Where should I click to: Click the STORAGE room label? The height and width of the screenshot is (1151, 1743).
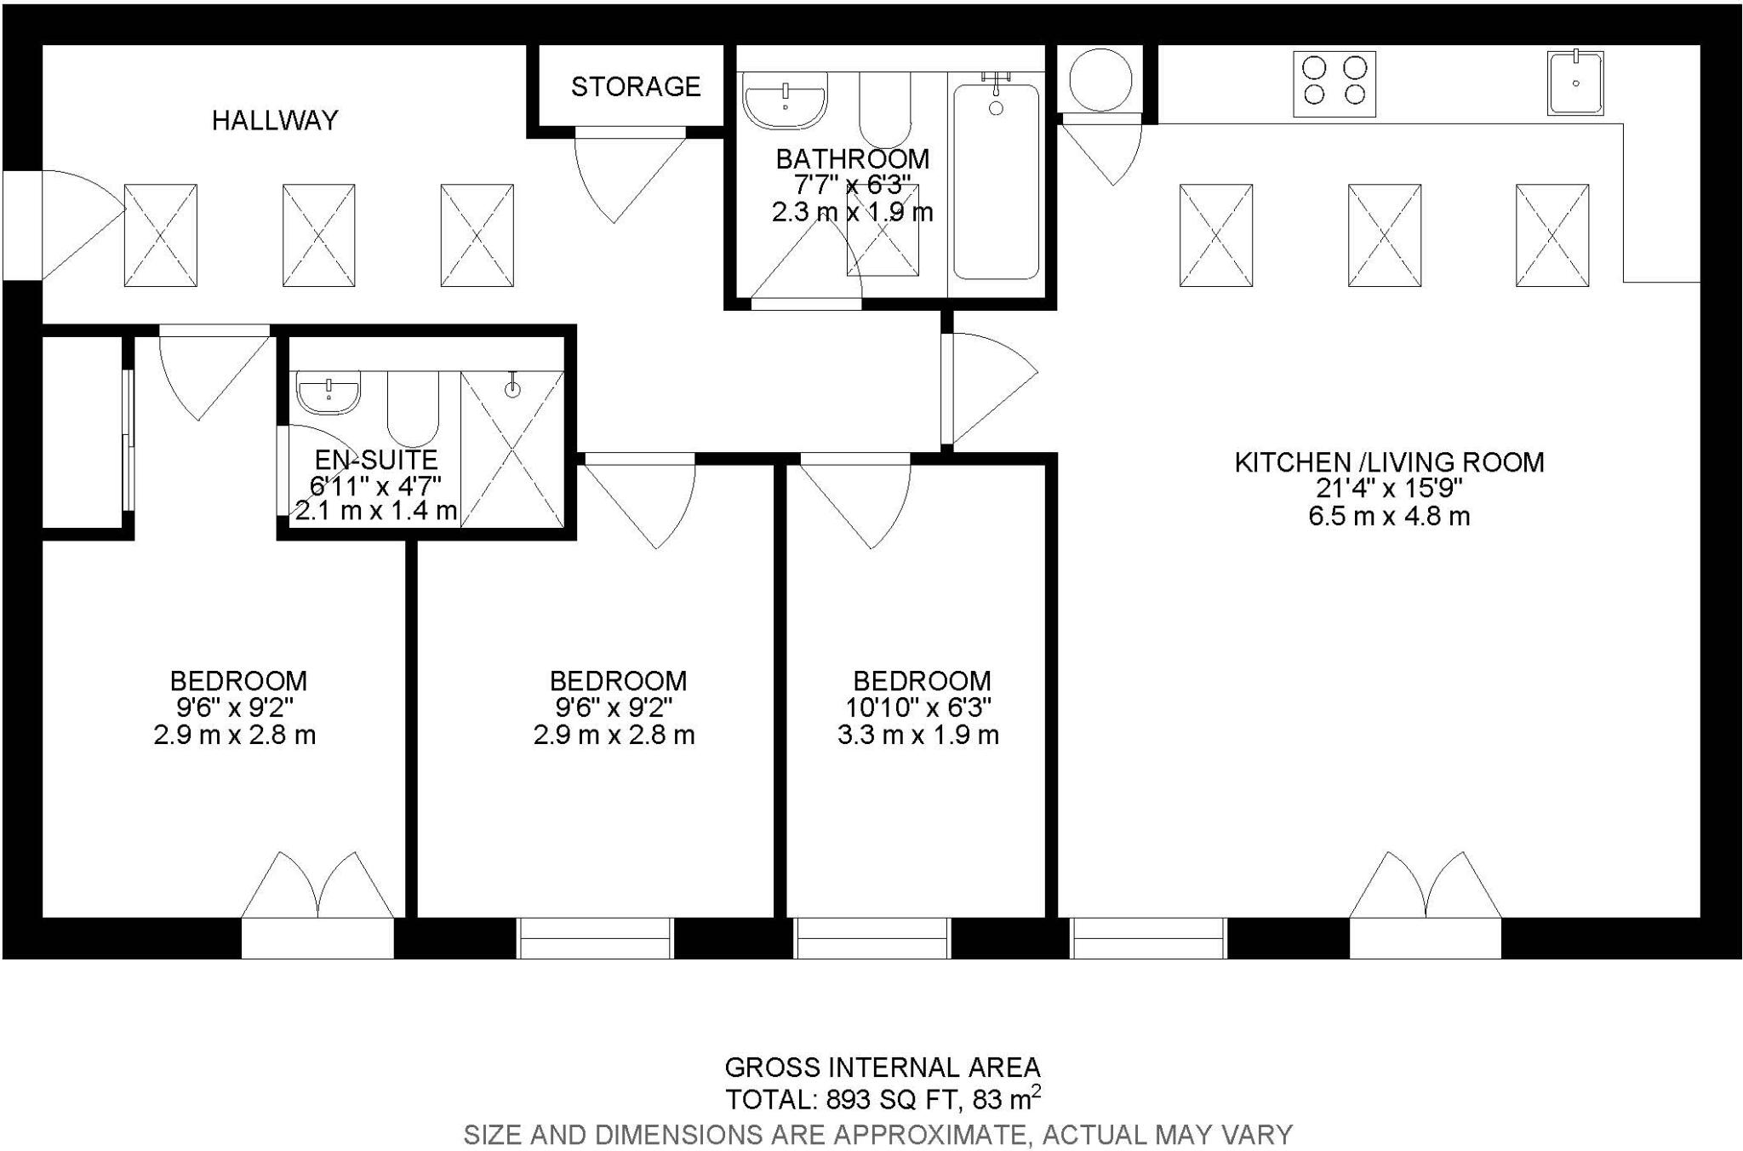635,87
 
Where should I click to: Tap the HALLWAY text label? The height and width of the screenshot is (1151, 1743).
275,121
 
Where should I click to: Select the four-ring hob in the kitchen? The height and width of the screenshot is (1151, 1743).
1334,83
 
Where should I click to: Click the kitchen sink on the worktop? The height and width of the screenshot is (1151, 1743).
1575,83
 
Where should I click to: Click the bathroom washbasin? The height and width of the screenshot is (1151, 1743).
784,100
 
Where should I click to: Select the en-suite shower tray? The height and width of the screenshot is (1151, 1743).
512,450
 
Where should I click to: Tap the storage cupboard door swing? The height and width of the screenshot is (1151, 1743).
626,175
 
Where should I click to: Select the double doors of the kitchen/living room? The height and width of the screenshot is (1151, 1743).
1426,890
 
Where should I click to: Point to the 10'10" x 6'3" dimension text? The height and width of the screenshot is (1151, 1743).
918,707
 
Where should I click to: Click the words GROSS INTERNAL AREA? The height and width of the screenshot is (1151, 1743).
882,1067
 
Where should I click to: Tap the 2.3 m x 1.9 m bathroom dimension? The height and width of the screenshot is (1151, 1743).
852,212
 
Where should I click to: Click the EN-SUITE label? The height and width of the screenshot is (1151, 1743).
375,460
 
